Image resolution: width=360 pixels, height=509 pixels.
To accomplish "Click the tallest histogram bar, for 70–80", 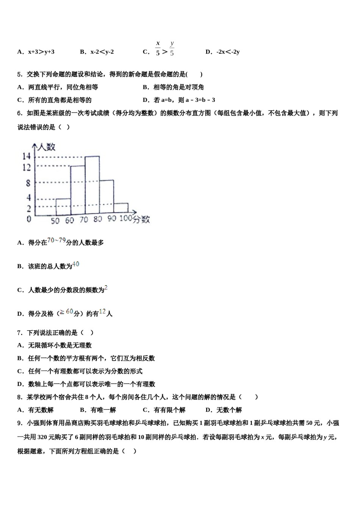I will [x=92, y=186].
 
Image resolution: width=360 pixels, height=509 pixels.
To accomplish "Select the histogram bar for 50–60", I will [x=63, y=207].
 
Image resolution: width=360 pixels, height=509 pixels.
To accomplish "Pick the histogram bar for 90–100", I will [x=121, y=208].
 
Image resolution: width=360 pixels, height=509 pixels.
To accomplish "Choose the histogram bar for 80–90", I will [x=106, y=197].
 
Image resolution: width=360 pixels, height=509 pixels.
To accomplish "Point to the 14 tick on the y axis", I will [x=26, y=156].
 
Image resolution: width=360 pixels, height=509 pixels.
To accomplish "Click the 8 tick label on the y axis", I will [x=28, y=183].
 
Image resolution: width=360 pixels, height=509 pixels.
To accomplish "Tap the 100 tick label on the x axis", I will [x=126, y=219].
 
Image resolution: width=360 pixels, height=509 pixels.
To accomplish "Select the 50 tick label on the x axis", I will [x=55, y=220].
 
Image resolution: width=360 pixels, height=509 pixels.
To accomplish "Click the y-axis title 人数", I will [x=47, y=147].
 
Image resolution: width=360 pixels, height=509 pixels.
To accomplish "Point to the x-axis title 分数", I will [x=142, y=219].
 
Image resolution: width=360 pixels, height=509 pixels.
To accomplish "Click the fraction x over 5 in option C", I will [x=158, y=48].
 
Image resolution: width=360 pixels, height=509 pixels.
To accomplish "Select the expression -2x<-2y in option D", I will [x=228, y=52].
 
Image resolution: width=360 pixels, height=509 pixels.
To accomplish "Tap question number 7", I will [x=20, y=333].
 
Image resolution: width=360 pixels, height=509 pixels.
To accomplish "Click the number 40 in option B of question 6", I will [x=76, y=264].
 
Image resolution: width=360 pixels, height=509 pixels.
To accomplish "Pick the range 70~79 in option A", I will [x=56, y=240].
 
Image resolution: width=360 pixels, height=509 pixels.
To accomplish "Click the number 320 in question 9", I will [x=42, y=437].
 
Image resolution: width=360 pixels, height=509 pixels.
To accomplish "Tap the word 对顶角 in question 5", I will [x=194, y=87].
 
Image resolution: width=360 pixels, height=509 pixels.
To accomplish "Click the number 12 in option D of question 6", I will [x=102, y=312].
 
